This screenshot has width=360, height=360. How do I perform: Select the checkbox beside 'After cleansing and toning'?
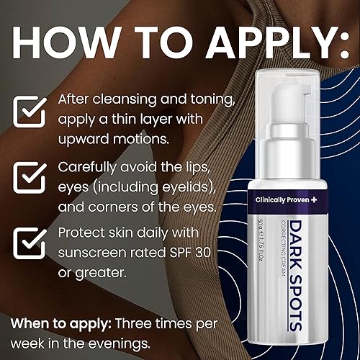coord(29,112)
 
